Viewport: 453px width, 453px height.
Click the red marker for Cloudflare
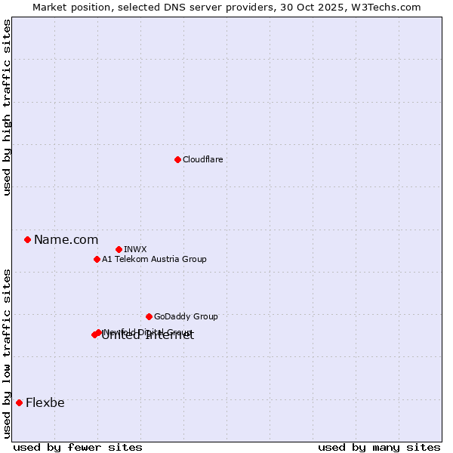click(x=177, y=159)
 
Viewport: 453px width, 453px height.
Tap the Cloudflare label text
click(x=202, y=159)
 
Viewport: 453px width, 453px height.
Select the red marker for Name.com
click(x=27, y=240)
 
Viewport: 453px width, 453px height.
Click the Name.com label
click(x=66, y=240)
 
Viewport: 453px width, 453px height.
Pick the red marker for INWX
click(x=119, y=249)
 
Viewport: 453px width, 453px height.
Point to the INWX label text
click(x=135, y=249)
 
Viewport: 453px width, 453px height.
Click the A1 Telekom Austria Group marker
click(x=97, y=259)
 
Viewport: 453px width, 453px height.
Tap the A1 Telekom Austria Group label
click(x=154, y=259)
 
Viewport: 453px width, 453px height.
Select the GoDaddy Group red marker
click(x=149, y=316)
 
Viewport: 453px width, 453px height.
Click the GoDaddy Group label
click(x=186, y=316)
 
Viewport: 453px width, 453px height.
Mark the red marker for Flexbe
click(x=19, y=402)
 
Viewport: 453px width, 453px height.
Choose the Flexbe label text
click(x=45, y=402)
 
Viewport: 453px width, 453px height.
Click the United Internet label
click(x=148, y=337)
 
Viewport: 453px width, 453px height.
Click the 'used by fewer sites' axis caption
click(x=78, y=447)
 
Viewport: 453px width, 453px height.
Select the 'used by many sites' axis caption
click(x=379, y=447)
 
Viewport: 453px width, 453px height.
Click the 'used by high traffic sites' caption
click(x=7, y=108)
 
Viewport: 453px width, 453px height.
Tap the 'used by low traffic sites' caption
click(x=7, y=353)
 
